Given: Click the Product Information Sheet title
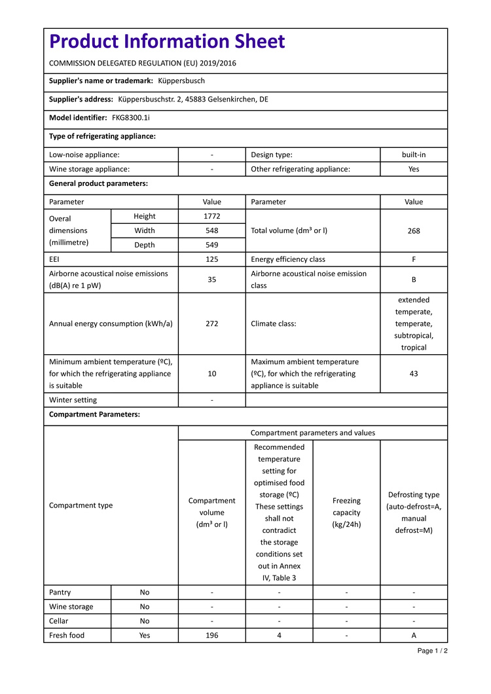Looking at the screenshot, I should tap(168, 42).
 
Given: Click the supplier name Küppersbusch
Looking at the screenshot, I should tap(181, 81).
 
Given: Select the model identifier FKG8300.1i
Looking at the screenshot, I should tap(131, 118).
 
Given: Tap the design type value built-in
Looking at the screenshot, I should tap(414, 155).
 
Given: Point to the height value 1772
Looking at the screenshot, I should tap(212, 216).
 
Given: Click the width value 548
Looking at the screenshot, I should tap(212, 230).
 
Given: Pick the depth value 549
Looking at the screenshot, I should tap(212, 245).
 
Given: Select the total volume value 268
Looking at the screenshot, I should tap(414, 230).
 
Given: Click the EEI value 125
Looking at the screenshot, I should tap(212, 259).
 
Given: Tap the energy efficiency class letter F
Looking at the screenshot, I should tap(414, 259).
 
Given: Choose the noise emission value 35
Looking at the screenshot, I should tap(212, 280).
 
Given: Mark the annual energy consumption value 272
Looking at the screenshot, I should tap(212, 323).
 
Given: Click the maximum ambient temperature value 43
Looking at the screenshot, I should tap(414, 373).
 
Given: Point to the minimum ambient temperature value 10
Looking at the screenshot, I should tap(212, 373).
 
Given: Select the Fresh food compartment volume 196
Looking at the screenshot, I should tap(212, 635).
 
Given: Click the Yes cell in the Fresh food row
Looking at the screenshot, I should tap(145, 635).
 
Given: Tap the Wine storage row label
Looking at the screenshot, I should tap(71, 607).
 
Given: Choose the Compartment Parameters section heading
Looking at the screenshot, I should tap(94, 414).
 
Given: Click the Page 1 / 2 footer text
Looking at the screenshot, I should tap(433, 651).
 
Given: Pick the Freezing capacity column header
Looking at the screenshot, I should tap(346, 513).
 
